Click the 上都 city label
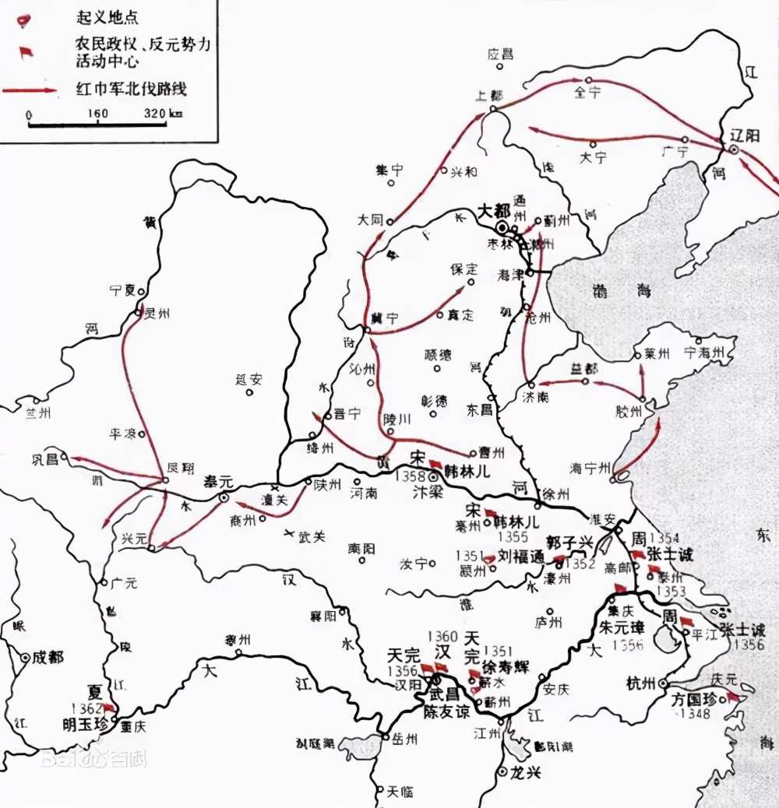coord(488,96)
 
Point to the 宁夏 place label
coord(122,290)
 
